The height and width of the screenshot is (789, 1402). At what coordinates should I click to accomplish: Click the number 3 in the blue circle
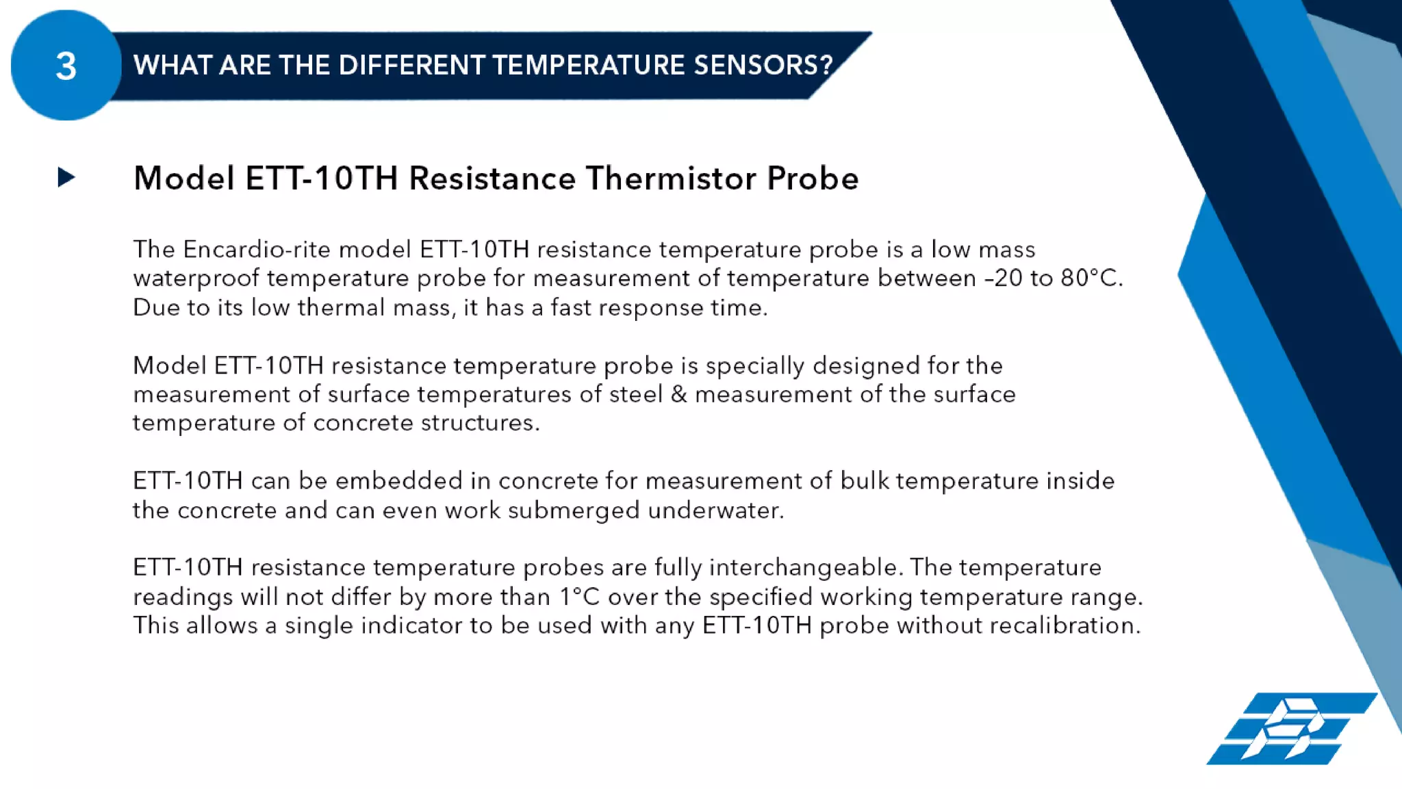click(x=66, y=66)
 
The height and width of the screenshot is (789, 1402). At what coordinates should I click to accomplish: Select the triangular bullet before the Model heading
click(x=66, y=178)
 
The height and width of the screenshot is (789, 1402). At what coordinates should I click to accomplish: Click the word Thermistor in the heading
click(x=671, y=179)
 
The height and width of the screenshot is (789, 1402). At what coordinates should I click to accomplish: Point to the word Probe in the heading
click(x=813, y=179)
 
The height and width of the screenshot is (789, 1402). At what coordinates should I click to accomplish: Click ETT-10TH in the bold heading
click(x=321, y=179)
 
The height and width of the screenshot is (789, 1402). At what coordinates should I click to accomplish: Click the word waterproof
click(x=196, y=279)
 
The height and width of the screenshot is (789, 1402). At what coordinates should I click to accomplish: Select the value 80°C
click(x=1091, y=279)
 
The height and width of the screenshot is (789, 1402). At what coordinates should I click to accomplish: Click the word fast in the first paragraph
click(x=571, y=308)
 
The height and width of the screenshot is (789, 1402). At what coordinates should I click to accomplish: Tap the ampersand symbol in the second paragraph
click(x=678, y=394)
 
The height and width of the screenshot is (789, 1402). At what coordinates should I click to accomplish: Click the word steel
click(x=635, y=394)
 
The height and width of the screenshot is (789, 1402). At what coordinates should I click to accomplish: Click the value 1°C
click(x=579, y=597)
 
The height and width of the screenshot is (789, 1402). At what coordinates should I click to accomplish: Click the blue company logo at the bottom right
click(x=1291, y=729)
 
